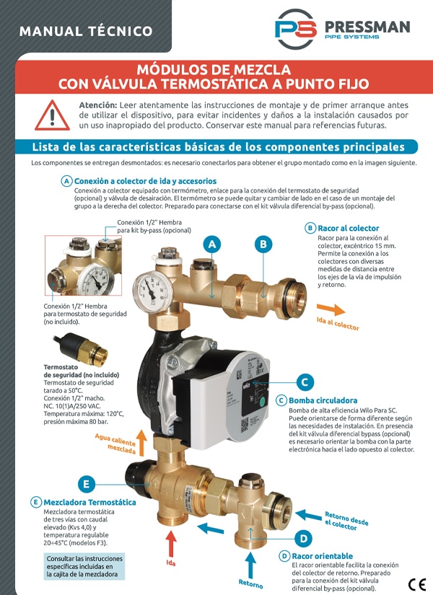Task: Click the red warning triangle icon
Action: click(x=53, y=115)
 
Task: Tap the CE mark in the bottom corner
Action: click(x=417, y=583)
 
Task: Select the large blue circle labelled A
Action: click(x=212, y=244)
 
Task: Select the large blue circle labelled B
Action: click(x=263, y=244)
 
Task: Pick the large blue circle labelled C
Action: click(x=305, y=382)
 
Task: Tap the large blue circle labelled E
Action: click(x=86, y=484)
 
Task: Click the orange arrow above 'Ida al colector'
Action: click(x=331, y=309)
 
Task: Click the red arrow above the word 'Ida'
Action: click(x=171, y=543)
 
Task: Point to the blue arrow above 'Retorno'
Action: click(x=250, y=565)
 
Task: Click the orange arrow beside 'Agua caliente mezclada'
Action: click(x=141, y=442)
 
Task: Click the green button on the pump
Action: click(x=261, y=400)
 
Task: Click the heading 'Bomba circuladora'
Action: click(x=323, y=400)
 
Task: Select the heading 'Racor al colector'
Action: click(x=349, y=228)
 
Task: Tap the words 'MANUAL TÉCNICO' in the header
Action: click(x=86, y=31)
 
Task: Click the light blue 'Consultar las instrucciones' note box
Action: click(x=84, y=566)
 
